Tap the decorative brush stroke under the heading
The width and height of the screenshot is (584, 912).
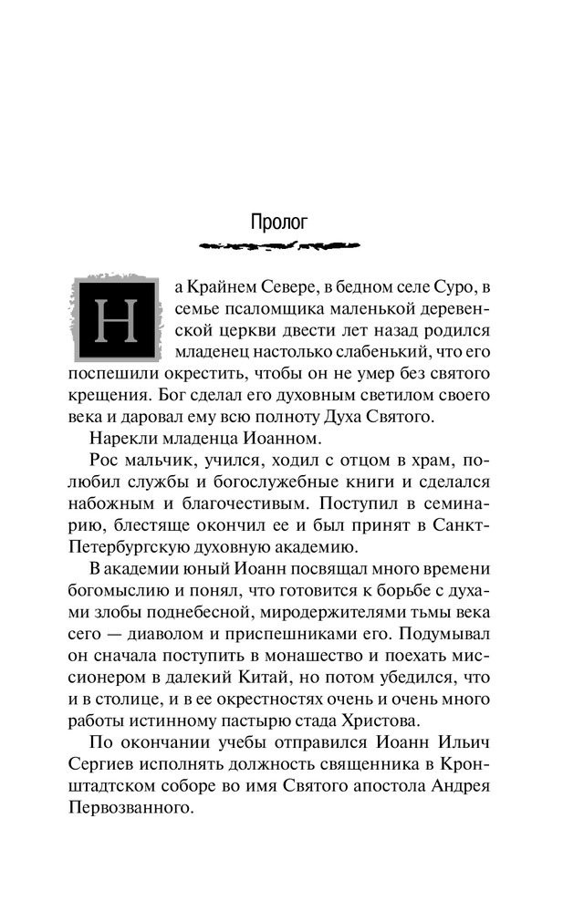[x=278, y=245]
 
